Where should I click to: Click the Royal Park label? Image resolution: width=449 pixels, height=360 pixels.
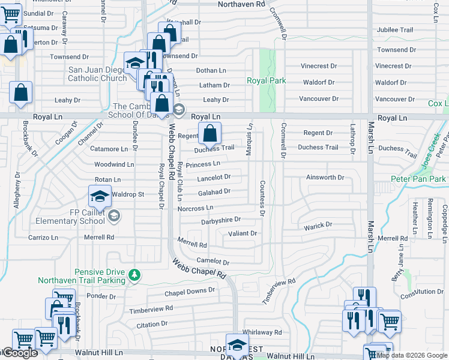coord(266,80)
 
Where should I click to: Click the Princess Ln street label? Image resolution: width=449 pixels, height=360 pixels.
coord(203,164)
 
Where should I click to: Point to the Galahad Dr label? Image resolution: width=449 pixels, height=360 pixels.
coord(214,192)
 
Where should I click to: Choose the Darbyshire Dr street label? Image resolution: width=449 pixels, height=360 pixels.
coord(221,220)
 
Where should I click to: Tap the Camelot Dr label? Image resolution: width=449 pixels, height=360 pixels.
coord(214,262)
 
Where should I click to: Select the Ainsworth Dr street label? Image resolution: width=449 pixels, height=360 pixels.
coord(325,178)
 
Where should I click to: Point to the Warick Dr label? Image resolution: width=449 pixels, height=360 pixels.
coord(318,226)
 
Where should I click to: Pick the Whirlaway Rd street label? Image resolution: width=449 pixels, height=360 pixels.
coord(262,332)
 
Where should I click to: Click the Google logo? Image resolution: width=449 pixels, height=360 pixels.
coord(19,353)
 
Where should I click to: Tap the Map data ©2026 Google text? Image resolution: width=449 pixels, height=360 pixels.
coord(412,355)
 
